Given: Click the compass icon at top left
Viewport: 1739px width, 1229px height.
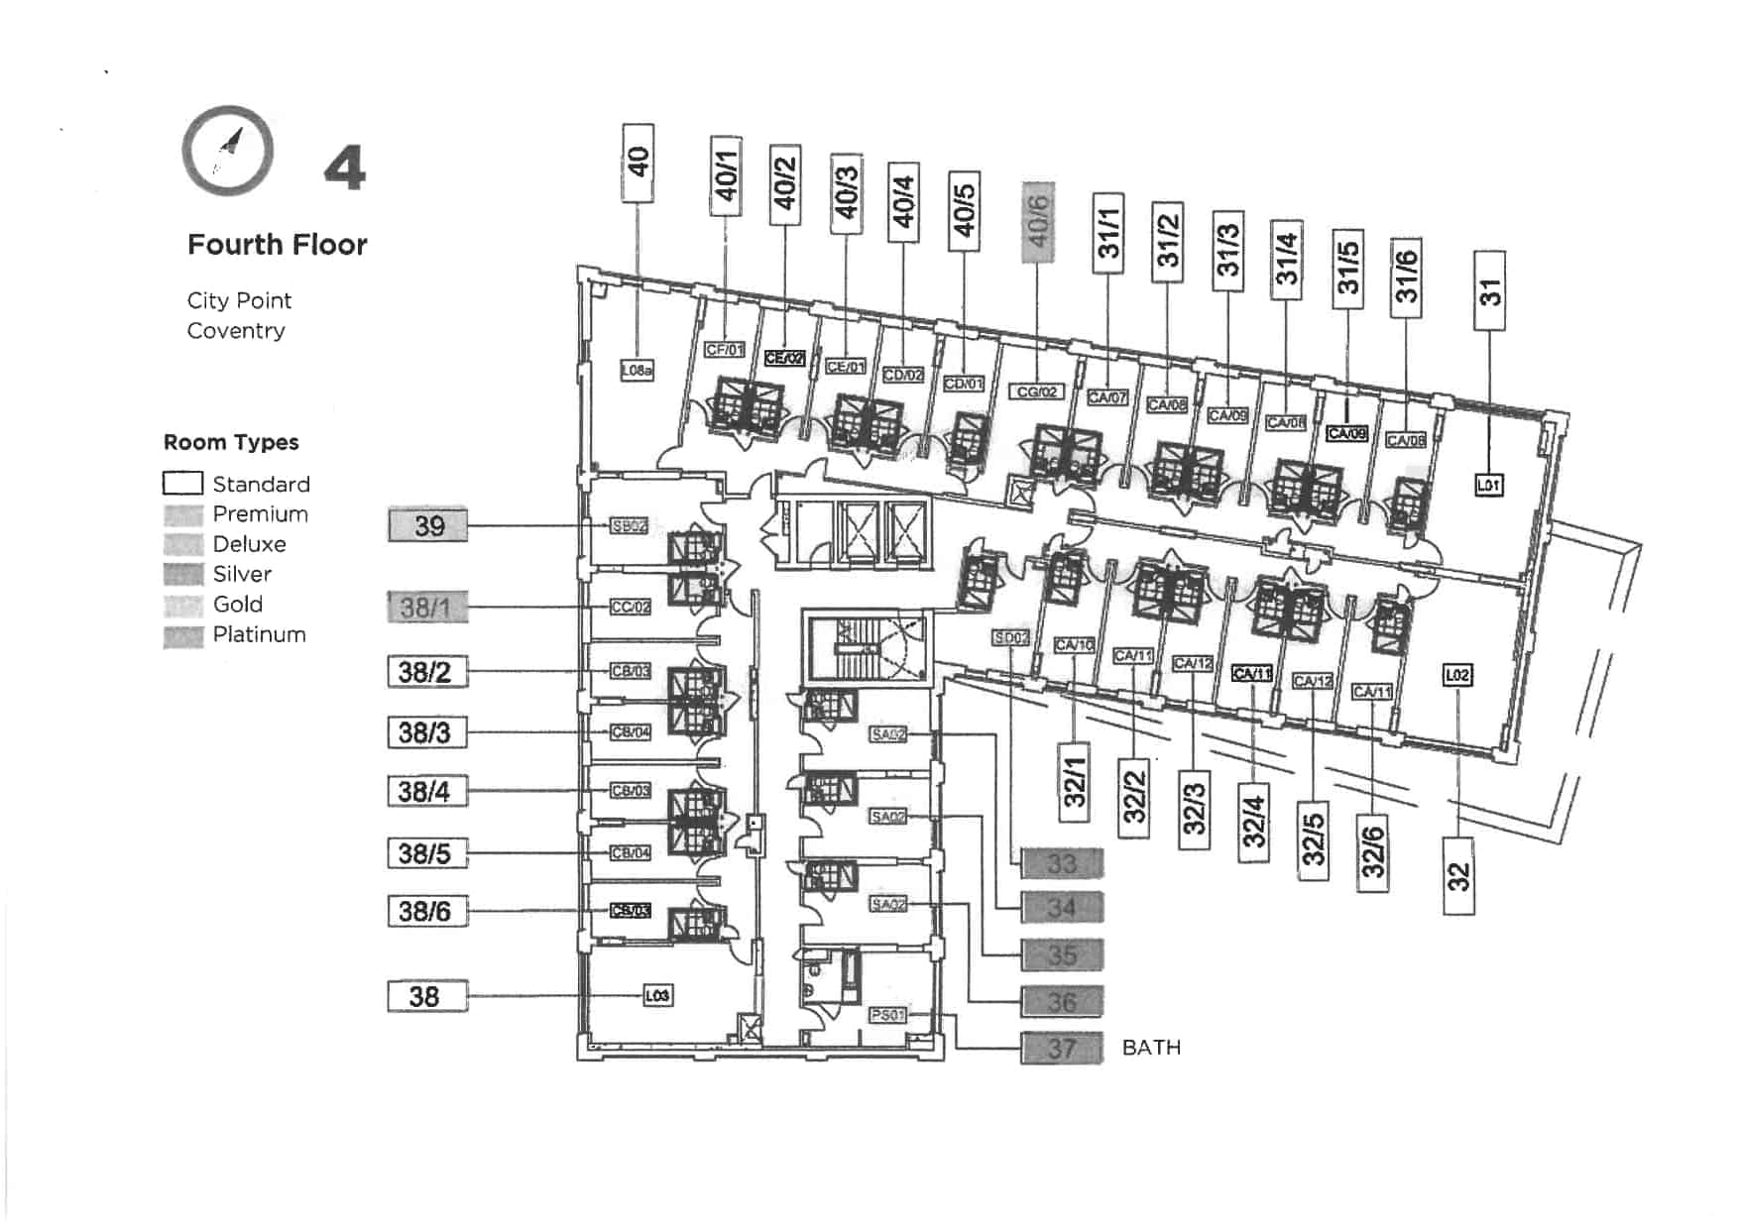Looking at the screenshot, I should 228,151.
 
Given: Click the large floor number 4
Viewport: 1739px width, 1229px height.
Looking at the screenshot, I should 345,168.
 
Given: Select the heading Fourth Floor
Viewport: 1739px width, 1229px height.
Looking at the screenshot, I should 278,245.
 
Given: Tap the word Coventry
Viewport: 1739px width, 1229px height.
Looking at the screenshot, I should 236,331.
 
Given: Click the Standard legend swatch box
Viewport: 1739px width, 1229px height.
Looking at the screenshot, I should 182,484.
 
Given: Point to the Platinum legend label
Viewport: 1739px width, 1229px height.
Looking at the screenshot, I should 259,634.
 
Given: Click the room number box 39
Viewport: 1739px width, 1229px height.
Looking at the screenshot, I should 427,525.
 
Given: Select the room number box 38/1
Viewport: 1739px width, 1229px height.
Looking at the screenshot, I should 427,607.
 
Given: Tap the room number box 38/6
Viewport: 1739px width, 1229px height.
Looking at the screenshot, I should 427,911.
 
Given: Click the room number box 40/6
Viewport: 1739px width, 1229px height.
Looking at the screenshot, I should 1038,222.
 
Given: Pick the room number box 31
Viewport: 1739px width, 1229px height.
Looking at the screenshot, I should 1489,290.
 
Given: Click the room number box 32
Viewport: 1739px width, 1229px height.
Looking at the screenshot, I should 1457,876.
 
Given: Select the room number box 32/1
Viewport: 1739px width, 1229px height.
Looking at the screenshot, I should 1075,783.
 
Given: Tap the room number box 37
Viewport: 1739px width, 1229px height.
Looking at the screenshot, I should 1062,1048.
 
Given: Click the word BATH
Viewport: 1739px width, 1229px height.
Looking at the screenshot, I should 1151,1048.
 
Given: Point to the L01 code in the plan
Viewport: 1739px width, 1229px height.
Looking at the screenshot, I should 1488,485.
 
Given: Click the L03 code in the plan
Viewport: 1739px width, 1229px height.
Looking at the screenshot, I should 657,995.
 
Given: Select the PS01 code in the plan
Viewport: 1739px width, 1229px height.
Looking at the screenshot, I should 887,1015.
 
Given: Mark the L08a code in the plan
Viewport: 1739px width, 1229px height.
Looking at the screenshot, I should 637,370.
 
